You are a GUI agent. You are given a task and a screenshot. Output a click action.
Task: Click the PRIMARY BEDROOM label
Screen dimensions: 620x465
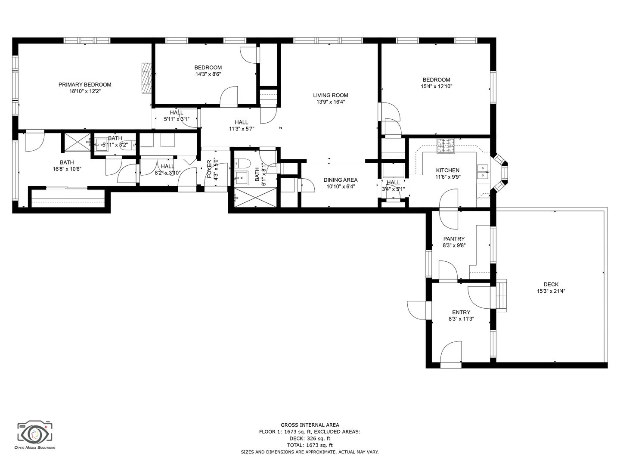pos(85,84)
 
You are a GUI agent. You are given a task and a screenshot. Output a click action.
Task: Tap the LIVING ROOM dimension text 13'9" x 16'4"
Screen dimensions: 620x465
pos(331,102)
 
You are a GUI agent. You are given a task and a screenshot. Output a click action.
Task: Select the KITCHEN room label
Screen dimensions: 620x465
pos(448,170)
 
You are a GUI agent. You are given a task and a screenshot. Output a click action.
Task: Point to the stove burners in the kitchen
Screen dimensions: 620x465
pos(446,146)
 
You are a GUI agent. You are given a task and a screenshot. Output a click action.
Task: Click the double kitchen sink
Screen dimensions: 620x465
pos(483,172)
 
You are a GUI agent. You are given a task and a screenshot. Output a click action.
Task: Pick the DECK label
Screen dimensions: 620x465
pos(551,284)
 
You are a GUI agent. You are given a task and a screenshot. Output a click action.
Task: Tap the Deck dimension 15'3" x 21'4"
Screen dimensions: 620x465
pos(551,291)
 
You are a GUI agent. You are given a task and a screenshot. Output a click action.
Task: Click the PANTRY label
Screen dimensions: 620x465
pos(454,239)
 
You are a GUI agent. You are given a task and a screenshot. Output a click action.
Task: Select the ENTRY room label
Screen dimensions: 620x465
pos(461,312)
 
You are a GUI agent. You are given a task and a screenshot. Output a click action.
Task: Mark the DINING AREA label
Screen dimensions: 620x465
pos(341,180)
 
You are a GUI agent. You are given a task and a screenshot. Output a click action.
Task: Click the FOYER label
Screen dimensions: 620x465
pos(209,169)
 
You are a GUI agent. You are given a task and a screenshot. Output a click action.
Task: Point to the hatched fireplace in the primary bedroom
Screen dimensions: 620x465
pos(146,77)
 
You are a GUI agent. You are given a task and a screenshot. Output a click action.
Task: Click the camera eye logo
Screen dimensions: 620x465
pos(35,435)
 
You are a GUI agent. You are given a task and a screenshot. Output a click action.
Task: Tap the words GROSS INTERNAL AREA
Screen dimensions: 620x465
pos(310,425)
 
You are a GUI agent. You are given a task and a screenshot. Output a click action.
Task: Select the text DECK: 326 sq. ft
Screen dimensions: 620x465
pos(310,438)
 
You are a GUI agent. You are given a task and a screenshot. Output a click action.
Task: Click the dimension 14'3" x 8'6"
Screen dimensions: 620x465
pos(208,74)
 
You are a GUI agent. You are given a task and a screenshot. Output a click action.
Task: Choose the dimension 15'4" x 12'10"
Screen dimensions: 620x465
pos(437,87)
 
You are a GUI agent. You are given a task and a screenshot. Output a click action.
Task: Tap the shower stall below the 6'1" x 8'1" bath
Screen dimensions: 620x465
pos(256,197)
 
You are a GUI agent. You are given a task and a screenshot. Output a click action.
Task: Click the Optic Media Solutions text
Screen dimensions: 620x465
pos(35,455)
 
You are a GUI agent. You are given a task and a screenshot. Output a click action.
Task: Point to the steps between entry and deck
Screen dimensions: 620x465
pos(501,295)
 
